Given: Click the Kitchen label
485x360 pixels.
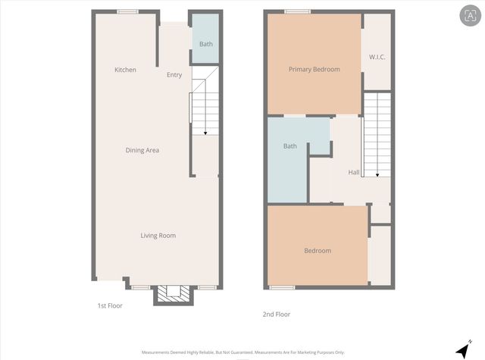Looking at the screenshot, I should (x=125, y=70).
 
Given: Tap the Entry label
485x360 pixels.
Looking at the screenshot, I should (x=174, y=75).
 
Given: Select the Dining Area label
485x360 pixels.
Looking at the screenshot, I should (x=142, y=150).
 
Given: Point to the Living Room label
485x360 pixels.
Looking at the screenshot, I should (x=158, y=236).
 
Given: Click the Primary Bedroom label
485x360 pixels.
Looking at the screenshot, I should (x=314, y=69).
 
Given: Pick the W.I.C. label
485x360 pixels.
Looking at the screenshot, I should (x=377, y=58).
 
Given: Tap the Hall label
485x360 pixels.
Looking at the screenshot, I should (x=354, y=172).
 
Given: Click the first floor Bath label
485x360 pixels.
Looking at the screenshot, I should (x=206, y=44).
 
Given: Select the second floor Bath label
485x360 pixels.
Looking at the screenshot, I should (x=289, y=146).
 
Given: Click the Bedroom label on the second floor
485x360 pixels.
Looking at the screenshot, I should (x=318, y=250).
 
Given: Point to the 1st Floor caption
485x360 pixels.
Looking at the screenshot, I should (x=110, y=305).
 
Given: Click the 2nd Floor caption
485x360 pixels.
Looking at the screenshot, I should (x=277, y=314).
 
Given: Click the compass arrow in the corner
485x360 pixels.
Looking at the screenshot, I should (x=462, y=349).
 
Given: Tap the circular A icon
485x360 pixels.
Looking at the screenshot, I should (x=467, y=14).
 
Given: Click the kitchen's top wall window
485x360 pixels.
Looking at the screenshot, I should (x=127, y=11).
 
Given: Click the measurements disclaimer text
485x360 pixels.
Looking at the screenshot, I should (x=242, y=352).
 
